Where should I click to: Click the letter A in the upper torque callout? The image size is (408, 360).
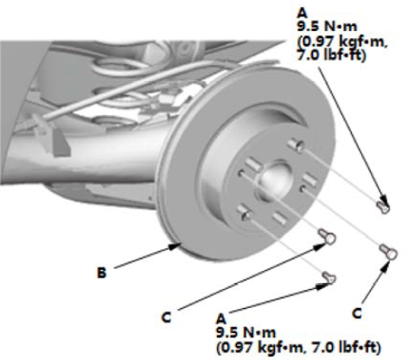pyautogui.click(x=303, y=13)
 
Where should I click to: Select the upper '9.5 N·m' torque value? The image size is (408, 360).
pyautogui.click(x=327, y=27)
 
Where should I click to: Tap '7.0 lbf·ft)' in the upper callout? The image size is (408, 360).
pyautogui.click(x=331, y=55)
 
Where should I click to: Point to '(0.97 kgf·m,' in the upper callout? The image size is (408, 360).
pyautogui.click(x=342, y=42)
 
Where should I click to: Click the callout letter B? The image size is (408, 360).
pyautogui.click(x=101, y=273)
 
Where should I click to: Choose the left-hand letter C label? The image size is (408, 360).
pyautogui.click(x=166, y=318)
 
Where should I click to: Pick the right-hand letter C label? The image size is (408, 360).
pyautogui.click(x=357, y=313)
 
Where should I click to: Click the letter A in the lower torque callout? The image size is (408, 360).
pyautogui.click(x=221, y=318)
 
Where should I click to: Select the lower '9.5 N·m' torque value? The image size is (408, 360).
pyautogui.click(x=245, y=332)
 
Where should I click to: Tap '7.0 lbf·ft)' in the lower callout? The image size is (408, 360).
pyautogui.click(x=347, y=347)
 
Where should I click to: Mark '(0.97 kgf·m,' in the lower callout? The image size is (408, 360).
pyautogui.click(x=262, y=347)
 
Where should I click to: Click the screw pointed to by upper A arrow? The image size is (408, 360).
pyautogui.click(x=384, y=207)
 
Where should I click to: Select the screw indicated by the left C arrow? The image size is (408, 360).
pyautogui.click(x=328, y=236)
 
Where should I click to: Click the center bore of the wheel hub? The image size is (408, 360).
pyautogui.click(x=274, y=179)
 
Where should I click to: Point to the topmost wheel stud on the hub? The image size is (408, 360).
pyautogui.click(x=296, y=145)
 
